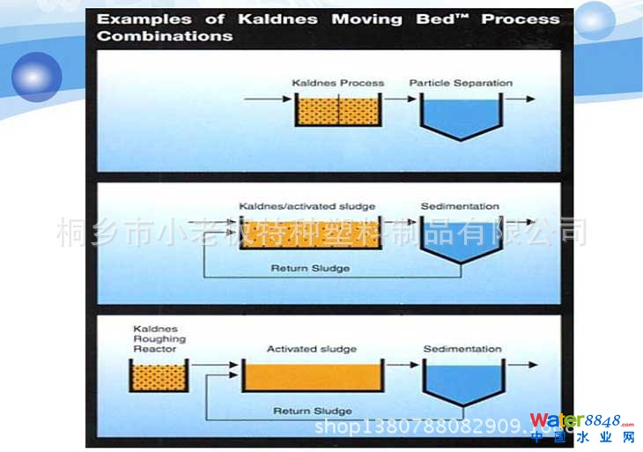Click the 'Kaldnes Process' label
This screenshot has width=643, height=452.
coord(337,83)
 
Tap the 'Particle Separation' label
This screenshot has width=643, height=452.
coord(460,83)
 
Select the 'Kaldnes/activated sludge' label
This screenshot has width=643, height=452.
coord(307,206)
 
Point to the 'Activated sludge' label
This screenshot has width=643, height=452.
coord(312,349)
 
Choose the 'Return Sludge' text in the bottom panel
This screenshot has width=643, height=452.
coord(313,411)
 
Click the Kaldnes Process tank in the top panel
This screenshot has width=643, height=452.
coord(334,112)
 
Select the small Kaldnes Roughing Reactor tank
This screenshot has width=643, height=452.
coord(159,377)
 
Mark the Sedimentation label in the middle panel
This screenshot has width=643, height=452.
coord(460,206)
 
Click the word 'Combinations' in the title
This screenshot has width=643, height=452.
coord(165,36)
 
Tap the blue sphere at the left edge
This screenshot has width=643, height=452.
coord(36,77)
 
